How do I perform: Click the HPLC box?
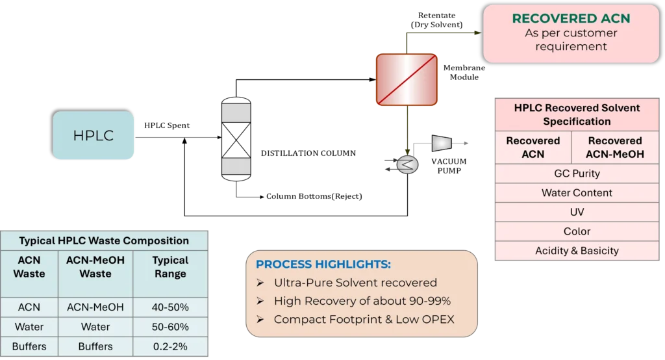coord(94,136)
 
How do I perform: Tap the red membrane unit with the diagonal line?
coord(407,79)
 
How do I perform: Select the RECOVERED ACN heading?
coord(571,18)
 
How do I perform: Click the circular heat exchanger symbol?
coord(408,165)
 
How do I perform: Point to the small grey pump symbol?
coord(442,143)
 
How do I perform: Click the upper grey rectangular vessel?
coord(236,113)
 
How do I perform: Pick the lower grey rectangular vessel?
coord(236,166)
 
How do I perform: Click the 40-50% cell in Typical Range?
coord(170,307)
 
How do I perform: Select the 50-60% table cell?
coord(170,326)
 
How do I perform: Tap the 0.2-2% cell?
coord(170,346)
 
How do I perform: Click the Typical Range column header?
coord(170,267)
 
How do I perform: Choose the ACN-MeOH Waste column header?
coord(95,267)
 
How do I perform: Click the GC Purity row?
coord(577,174)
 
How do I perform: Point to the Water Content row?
coord(577,193)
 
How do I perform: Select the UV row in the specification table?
coord(577,212)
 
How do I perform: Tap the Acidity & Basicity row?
coord(577,251)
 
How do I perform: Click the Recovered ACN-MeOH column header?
coord(614,147)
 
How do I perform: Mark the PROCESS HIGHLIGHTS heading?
coord(323,264)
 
